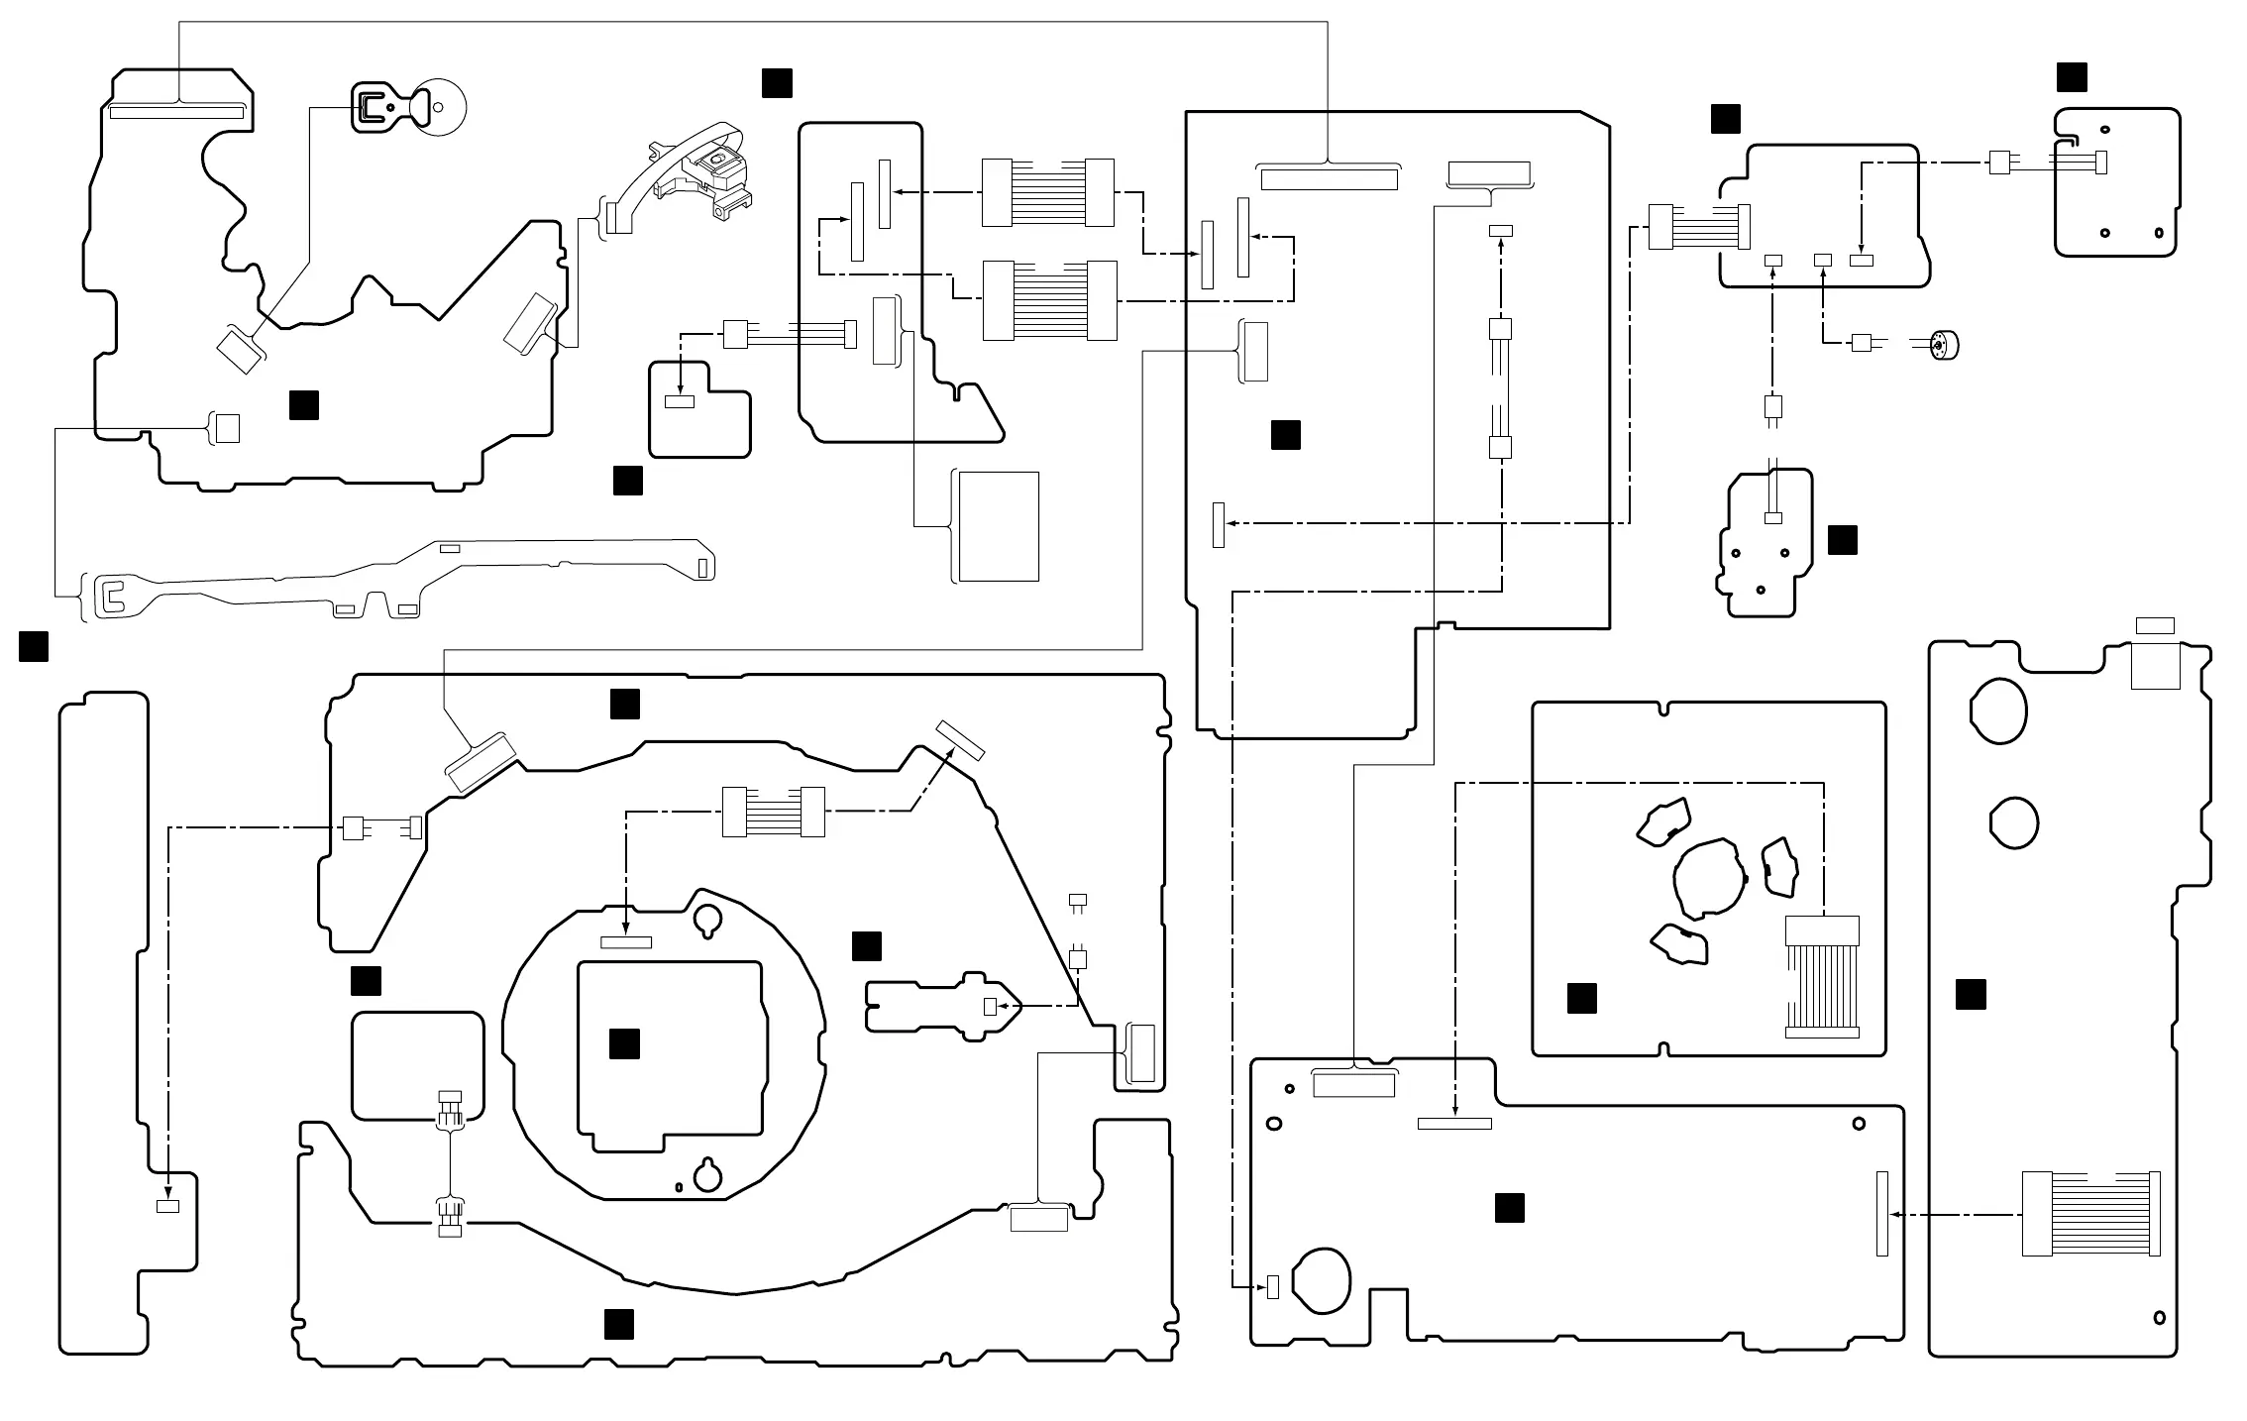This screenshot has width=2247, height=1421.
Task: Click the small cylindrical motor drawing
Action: (x=1946, y=345)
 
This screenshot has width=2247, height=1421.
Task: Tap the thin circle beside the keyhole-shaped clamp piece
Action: (x=439, y=107)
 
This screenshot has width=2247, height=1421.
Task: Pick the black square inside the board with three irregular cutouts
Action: (x=1581, y=998)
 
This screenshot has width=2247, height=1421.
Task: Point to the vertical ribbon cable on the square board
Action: (x=1821, y=976)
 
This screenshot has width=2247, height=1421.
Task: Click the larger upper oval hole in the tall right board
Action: (x=1997, y=710)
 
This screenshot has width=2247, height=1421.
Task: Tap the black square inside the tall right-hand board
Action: (x=1971, y=994)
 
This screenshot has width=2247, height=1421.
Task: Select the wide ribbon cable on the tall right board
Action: (x=2089, y=1213)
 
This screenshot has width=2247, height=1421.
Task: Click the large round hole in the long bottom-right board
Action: (x=1323, y=1279)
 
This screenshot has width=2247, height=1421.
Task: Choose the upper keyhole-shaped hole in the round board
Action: (x=707, y=918)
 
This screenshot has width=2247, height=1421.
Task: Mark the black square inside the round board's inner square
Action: (x=624, y=1043)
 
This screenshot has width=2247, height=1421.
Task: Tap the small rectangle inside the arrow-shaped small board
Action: (x=989, y=1007)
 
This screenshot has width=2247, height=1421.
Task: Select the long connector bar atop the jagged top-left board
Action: (x=176, y=112)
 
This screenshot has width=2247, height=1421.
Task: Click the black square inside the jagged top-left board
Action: (x=303, y=404)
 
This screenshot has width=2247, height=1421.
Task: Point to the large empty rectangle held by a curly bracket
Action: (x=999, y=526)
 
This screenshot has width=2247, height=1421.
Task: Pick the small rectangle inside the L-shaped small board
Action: (x=680, y=401)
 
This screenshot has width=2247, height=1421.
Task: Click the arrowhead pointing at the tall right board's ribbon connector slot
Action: (x=1894, y=1214)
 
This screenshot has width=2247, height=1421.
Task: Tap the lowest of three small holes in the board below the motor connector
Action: (x=1760, y=591)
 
